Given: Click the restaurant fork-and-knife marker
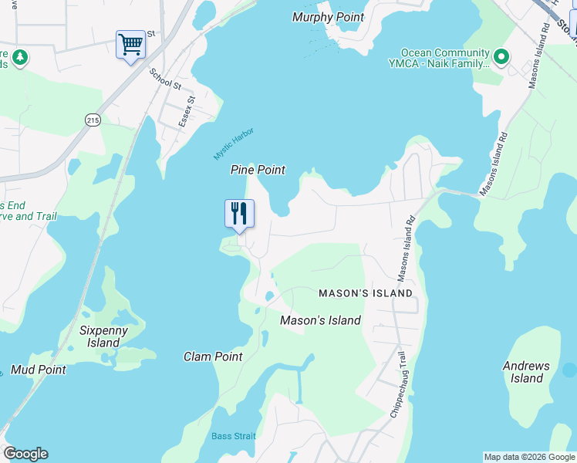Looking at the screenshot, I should [239, 213].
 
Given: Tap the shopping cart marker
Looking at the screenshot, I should [130, 44].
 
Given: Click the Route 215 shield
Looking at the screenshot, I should [93, 120].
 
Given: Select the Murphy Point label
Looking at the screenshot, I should [329, 17].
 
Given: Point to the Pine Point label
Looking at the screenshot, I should [258, 170].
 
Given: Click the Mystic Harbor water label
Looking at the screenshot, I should [234, 144].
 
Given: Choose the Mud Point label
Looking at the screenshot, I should [38, 370].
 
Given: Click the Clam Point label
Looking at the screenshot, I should [213, 357].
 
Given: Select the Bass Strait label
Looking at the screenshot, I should [233, 436].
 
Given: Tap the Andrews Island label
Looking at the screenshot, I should [527, 372].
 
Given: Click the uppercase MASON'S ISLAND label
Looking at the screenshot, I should [366, 294].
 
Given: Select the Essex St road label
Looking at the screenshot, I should [187, 112].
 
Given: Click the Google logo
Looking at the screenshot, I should [25, 454].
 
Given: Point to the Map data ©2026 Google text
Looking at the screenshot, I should [529, 457].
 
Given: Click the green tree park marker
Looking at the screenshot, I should [19, 57].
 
